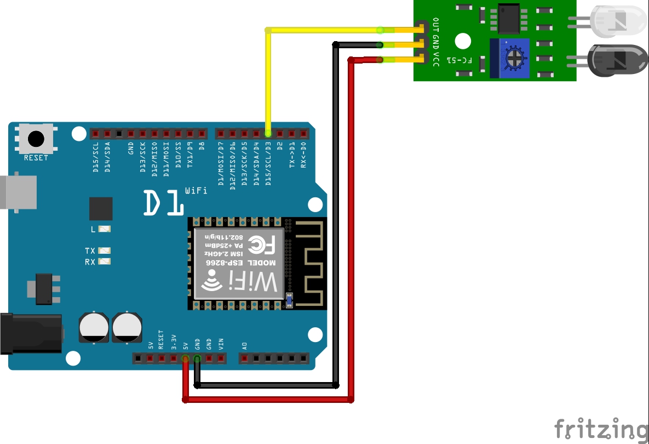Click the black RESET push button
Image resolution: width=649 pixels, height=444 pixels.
[x=36, y=139]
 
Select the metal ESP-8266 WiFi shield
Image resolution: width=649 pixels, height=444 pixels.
[x=239, y=264]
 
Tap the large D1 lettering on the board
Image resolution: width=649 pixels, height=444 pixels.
[x=163, y=203]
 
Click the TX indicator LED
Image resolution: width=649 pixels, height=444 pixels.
[x=105, y=251]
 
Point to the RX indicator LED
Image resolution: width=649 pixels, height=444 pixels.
[x=105, y=262]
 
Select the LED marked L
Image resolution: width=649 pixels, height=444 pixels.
[x=105, y=229]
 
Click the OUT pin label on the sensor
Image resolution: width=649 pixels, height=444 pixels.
[x=436, y=25]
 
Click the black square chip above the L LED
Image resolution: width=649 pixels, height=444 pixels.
[x=101, y=209]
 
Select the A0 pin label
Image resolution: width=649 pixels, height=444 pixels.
[x=245, y=346]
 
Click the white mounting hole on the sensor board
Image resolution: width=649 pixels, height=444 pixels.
[x=463, y=41]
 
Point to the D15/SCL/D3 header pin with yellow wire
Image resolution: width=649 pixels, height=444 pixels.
[x=268, y=133]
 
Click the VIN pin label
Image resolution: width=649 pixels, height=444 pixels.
[x=221, y=345]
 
